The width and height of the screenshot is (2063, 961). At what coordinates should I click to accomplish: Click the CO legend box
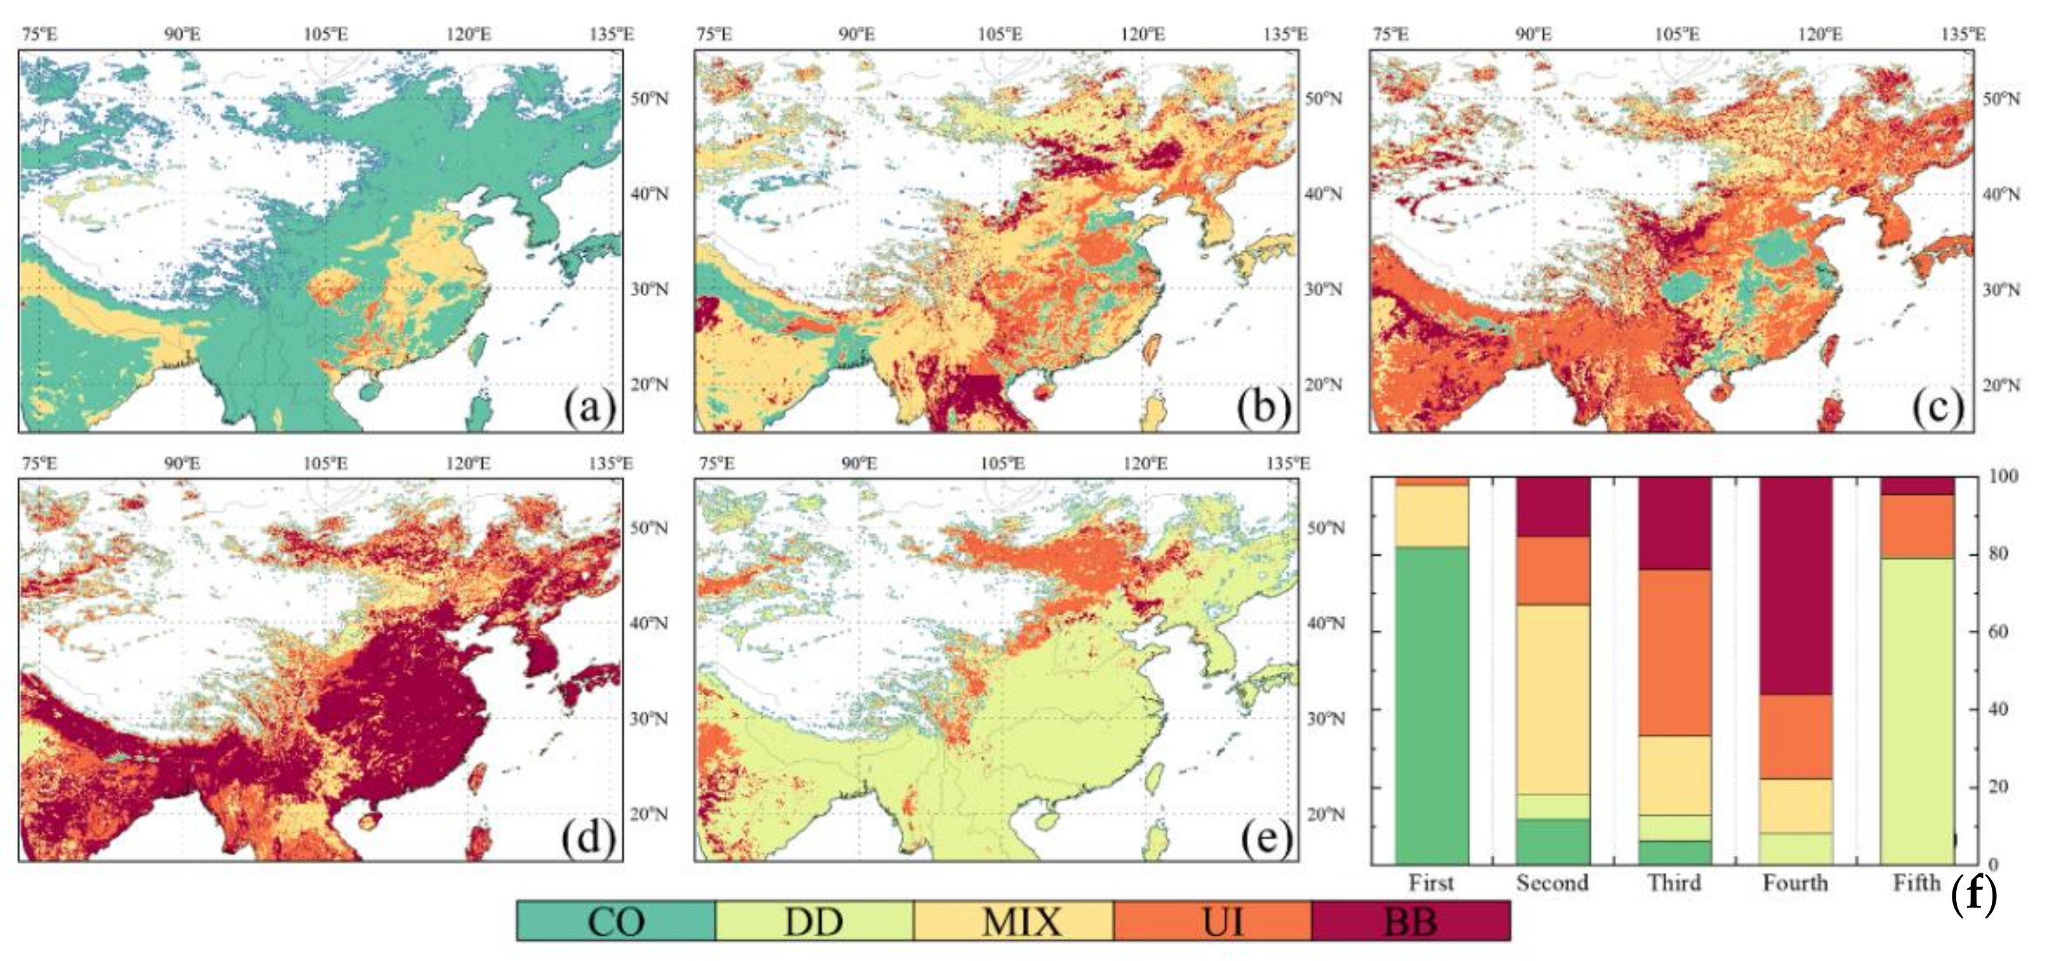tap(615, 921)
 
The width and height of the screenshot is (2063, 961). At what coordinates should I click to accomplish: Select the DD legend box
tap(814, 921)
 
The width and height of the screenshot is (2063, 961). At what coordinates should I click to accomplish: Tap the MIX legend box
tap(1013, 921)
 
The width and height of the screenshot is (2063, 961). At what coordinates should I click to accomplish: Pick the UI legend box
tap(1213, 921)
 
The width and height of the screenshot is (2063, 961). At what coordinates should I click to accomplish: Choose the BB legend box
tap(1411, 921)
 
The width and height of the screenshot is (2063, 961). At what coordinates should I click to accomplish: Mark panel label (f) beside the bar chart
tap(1973, 894)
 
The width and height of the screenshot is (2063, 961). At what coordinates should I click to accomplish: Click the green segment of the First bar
tap(1432, 705)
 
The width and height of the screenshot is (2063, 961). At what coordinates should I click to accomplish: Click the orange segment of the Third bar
tap(1675, 653)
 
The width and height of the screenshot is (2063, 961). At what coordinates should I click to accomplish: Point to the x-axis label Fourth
tap(1795, 883)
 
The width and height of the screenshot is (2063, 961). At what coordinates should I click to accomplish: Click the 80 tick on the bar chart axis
tap(2003, 554)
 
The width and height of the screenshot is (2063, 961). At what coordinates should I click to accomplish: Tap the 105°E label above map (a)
tap(325, 34)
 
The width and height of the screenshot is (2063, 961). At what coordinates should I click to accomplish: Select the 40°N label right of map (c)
tap(2001, 194)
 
